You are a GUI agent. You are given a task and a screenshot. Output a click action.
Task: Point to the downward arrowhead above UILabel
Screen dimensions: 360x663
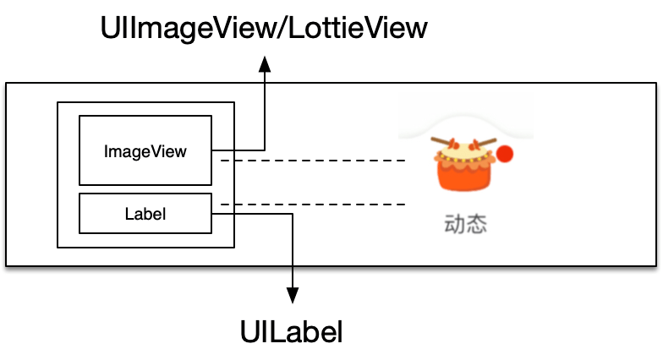pyautogui.click(x=293, y=294)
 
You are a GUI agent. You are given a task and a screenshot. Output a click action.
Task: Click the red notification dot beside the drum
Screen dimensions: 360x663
pyautogui.click(x=505, y=154)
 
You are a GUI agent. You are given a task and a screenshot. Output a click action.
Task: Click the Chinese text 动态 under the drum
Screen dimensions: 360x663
pyautogui.click(x=466, y=225)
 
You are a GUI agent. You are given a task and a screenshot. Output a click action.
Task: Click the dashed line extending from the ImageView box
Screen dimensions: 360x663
pyautogui.click(x=313, y=160)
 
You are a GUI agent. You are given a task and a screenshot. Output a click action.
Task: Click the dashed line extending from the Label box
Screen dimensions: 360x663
pyautogui.click(x=313, y=205)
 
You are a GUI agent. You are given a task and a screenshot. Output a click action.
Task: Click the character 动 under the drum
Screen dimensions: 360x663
pyautogui.click(x=455, y=225)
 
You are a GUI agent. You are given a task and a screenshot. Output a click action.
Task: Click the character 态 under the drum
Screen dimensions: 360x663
pyautogui.click(x=477, y=225)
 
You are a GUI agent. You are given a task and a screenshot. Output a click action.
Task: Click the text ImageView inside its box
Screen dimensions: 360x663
pyautogui.click(x=145, y=152)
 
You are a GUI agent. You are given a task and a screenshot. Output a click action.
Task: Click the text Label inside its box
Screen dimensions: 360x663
pyautogui.click(x=145, y=214)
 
